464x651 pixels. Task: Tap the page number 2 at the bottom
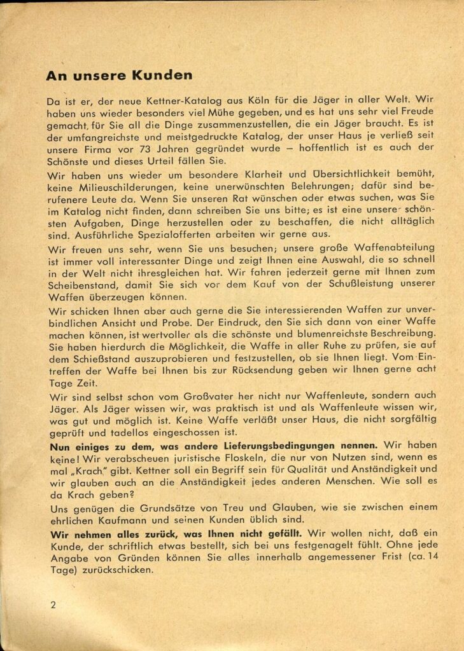[x=53, y=604]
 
